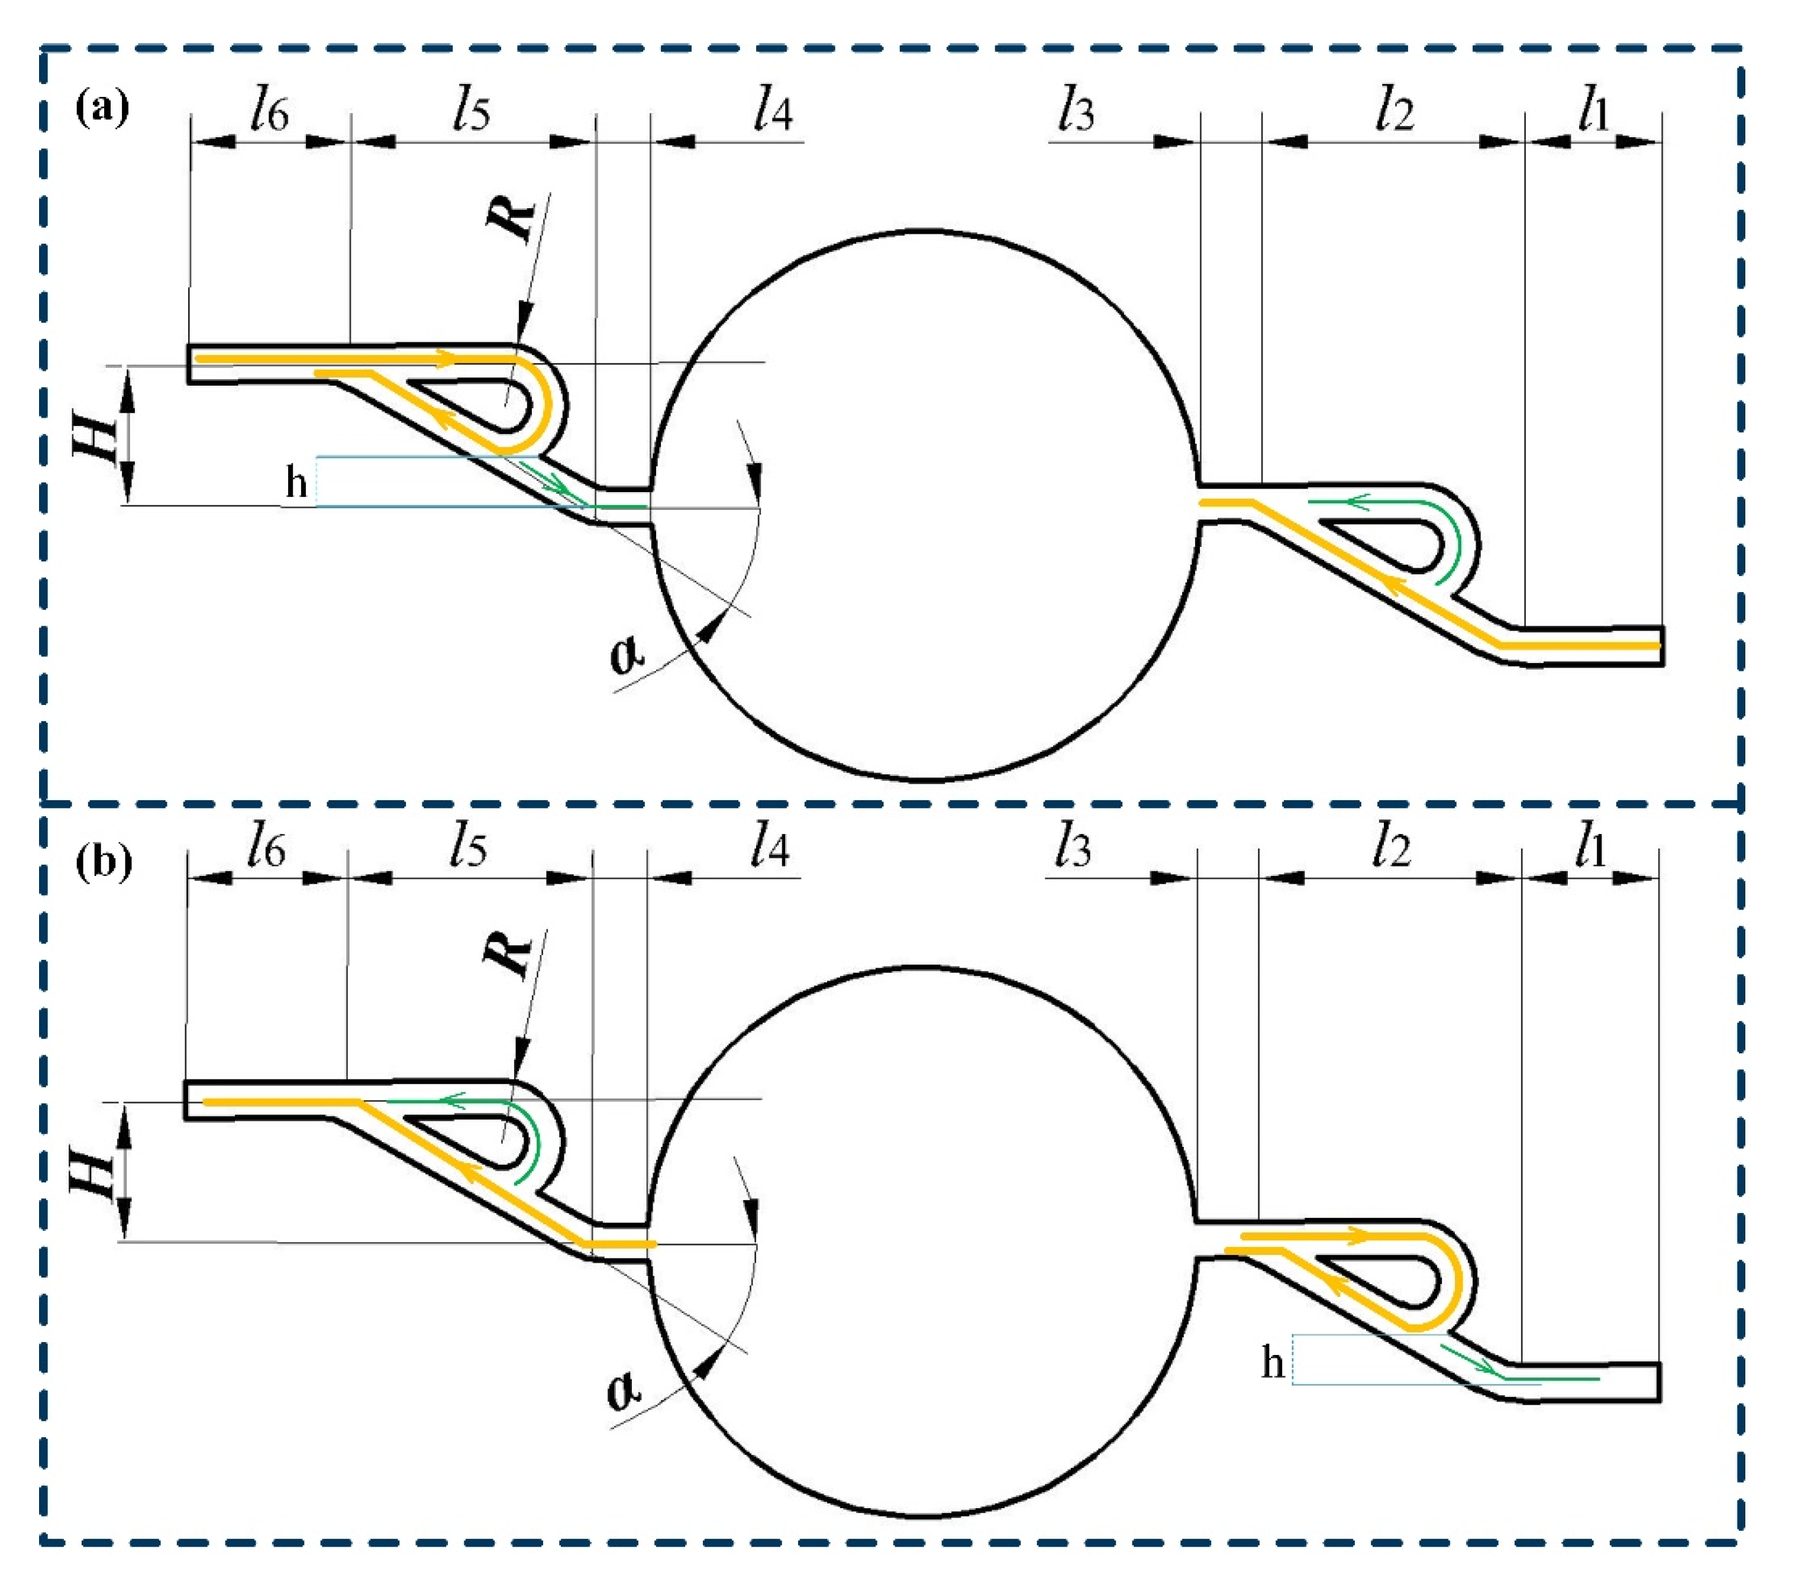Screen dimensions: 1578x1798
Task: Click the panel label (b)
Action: pos(104,861)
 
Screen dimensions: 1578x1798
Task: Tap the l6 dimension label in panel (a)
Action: pos(269,112)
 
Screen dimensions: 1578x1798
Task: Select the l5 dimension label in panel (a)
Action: pos(472,112)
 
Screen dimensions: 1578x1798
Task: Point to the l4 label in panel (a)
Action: pos(773,112)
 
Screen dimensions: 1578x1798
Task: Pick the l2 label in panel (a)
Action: pos(1395,112)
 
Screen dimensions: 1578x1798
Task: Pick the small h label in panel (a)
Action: pos(296,483)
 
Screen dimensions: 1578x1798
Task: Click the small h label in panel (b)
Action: pos(1273,1363)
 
